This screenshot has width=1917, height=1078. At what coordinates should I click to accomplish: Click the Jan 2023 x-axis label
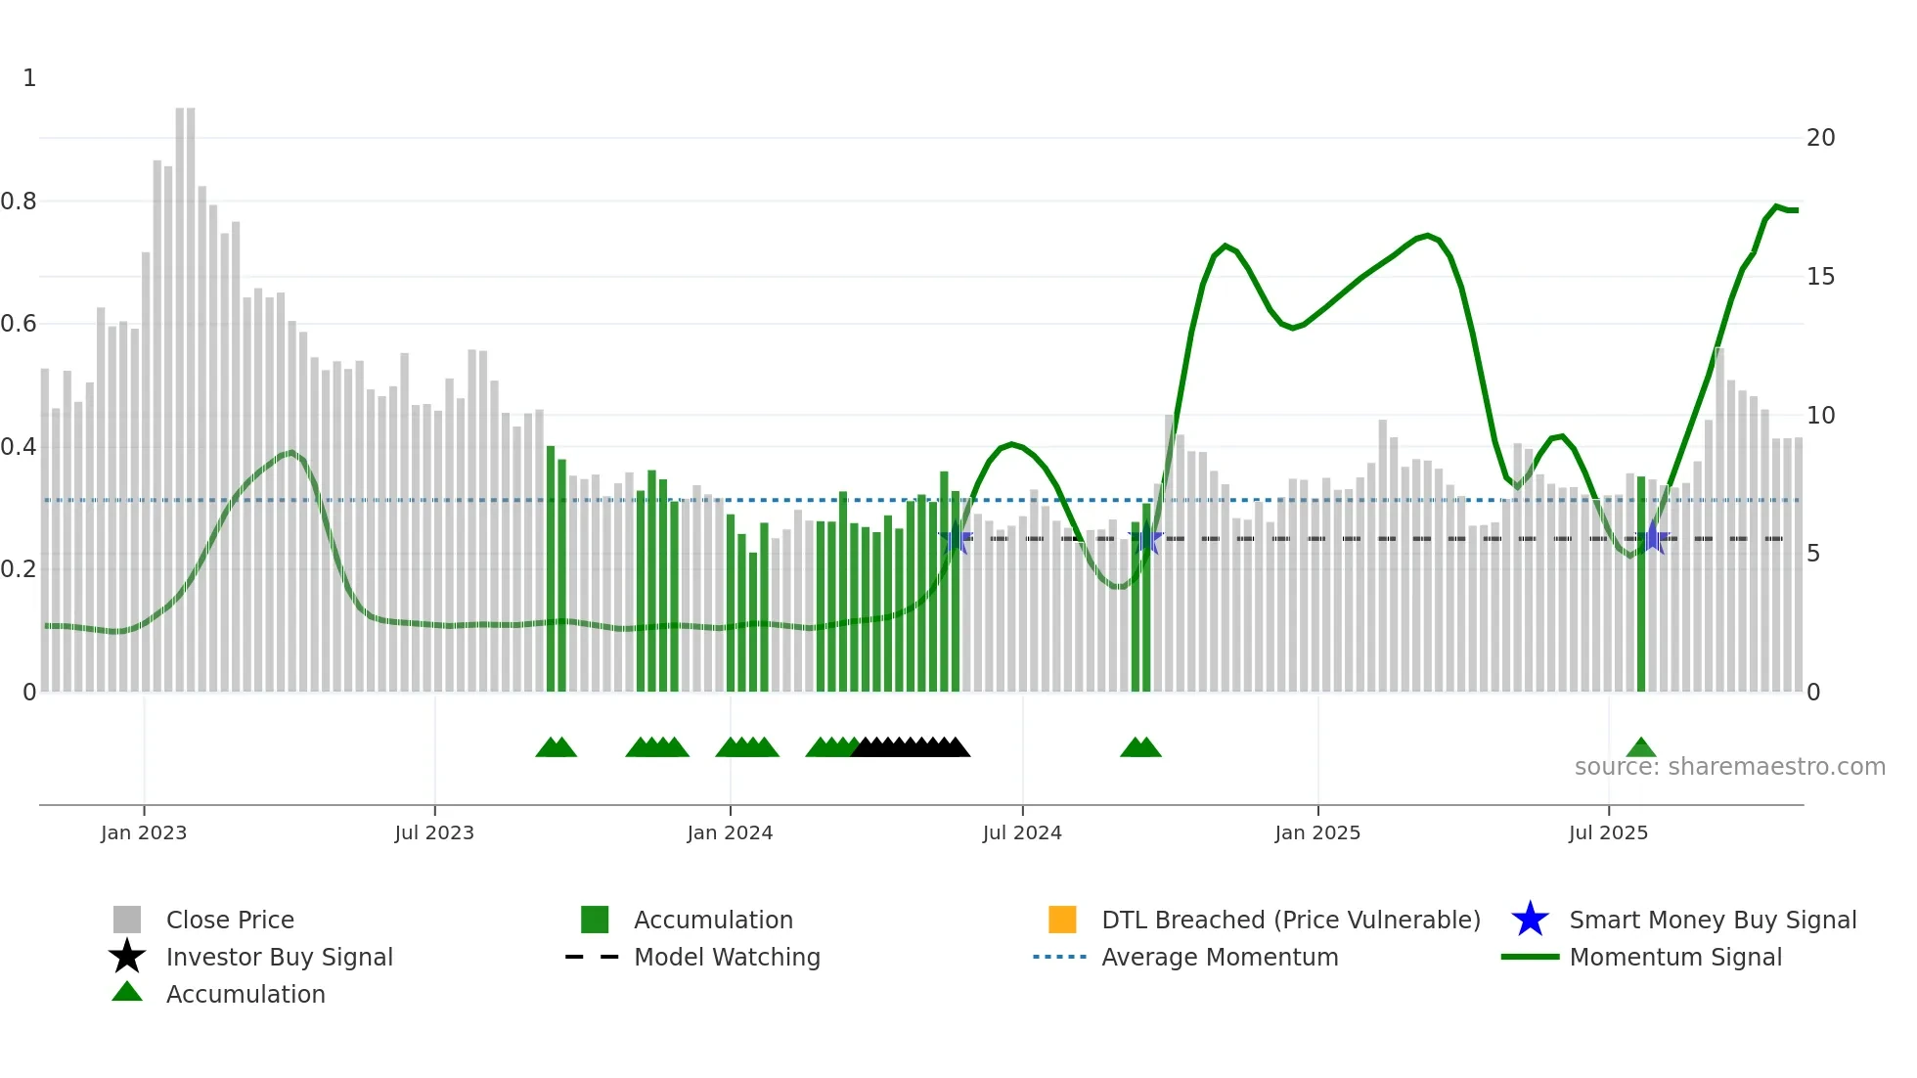coord(144,832)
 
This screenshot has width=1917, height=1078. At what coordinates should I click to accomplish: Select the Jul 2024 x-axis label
coord(1022,832)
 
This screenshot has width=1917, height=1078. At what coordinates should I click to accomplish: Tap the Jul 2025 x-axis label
coord(1608,832)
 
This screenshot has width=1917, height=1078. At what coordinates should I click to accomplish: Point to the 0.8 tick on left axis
coord(20,202)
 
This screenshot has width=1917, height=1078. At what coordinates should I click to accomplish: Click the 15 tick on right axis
coord(1820,277)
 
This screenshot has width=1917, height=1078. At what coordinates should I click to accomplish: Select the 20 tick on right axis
coord(1820,138)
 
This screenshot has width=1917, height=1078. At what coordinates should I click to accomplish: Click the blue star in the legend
coord(1530,920)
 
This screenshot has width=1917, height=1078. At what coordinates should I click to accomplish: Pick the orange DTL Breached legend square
coord(1062,920)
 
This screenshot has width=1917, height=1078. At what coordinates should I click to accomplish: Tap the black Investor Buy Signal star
coord(127,957)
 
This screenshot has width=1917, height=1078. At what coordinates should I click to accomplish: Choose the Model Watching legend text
coord(727,957)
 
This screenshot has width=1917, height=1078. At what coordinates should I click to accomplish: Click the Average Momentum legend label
coord(1220,957)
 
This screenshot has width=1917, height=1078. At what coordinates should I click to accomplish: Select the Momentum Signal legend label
coord(1675,957)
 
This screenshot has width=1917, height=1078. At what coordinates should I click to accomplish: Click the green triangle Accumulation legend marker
coord(127,992)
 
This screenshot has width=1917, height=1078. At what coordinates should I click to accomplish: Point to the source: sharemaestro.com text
coord(1729,767)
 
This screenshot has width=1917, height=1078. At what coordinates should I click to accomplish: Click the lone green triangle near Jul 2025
coord(1641,748)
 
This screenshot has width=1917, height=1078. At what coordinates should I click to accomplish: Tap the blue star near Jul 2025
coord(1653,537)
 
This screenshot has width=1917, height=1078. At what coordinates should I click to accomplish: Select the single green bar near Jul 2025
coord(1641,587)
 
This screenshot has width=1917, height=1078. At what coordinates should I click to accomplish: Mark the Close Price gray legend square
coord(127,920)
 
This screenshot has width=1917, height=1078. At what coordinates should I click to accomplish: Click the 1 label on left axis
coord(29,78)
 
